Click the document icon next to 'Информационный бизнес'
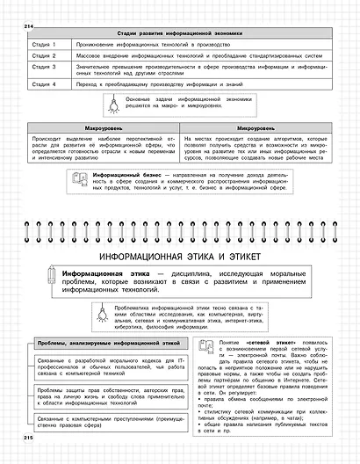tap(81, 181)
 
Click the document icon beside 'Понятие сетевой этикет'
tap(204, 344)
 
